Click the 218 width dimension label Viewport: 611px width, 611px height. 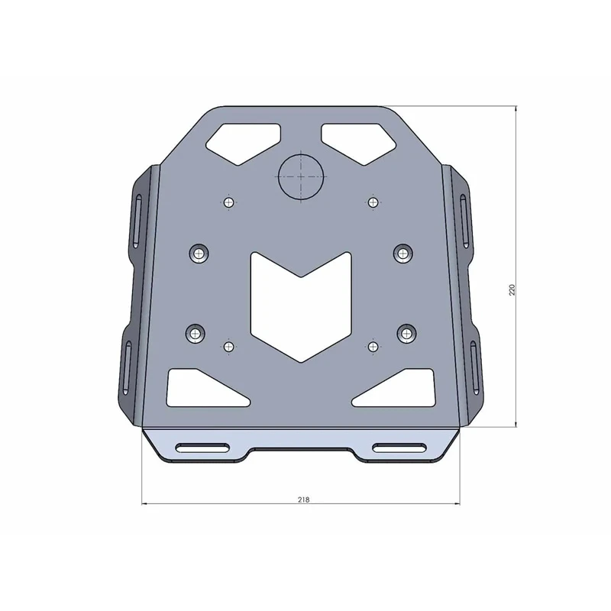coord(303,499)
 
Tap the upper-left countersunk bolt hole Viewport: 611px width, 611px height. coord(199,253)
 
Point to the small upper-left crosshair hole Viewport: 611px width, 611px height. coord(228,202)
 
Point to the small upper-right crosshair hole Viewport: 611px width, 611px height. coord(373,202)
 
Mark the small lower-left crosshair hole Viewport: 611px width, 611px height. coord(228,347)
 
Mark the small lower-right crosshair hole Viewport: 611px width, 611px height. coord(373,347)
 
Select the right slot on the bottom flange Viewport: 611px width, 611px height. coord(401,448)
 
